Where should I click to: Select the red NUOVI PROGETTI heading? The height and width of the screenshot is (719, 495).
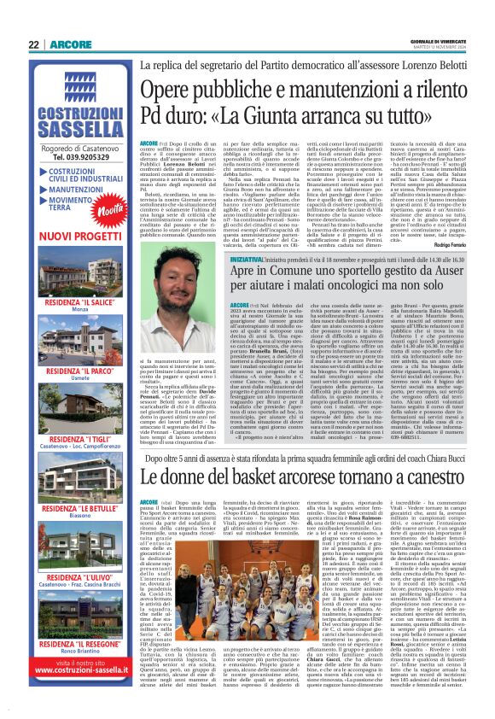[x=72, y=235]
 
